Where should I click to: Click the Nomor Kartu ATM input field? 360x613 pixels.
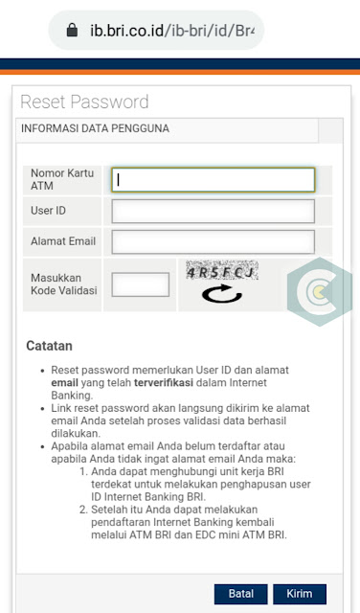[x=213, y=180]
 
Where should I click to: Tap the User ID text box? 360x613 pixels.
[x=213, y=211]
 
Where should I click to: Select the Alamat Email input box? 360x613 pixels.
[x=213, y=241]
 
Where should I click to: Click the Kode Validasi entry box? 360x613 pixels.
[x=140, y=284]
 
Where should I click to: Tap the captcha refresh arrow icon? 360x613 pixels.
[x=221, y=294]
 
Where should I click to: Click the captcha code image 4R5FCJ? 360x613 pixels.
[x=221, y=272]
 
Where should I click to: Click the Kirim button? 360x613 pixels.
[x=299, y=594]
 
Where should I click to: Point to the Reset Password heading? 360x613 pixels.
[x=84, y=102]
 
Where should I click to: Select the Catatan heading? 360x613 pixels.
[x=49, y=346]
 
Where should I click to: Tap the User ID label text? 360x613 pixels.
[x=48, y=211]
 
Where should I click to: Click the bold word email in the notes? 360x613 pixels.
[x=64, y=381]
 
